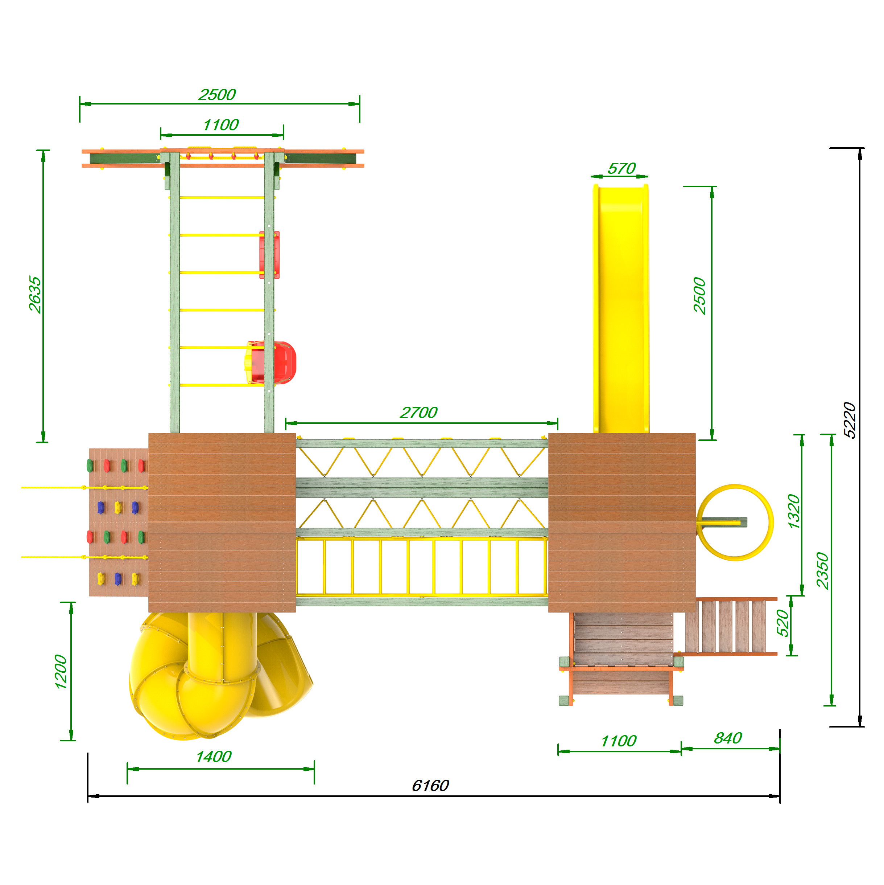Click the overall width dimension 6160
click(x=430, y=786)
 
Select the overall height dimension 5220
click(x=849, y=420)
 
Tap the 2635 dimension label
click(x=35, y=295)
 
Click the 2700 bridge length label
click(x=418, y=412)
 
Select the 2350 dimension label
click(x=823, y=571)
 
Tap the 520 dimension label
click(x=783, y=623)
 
